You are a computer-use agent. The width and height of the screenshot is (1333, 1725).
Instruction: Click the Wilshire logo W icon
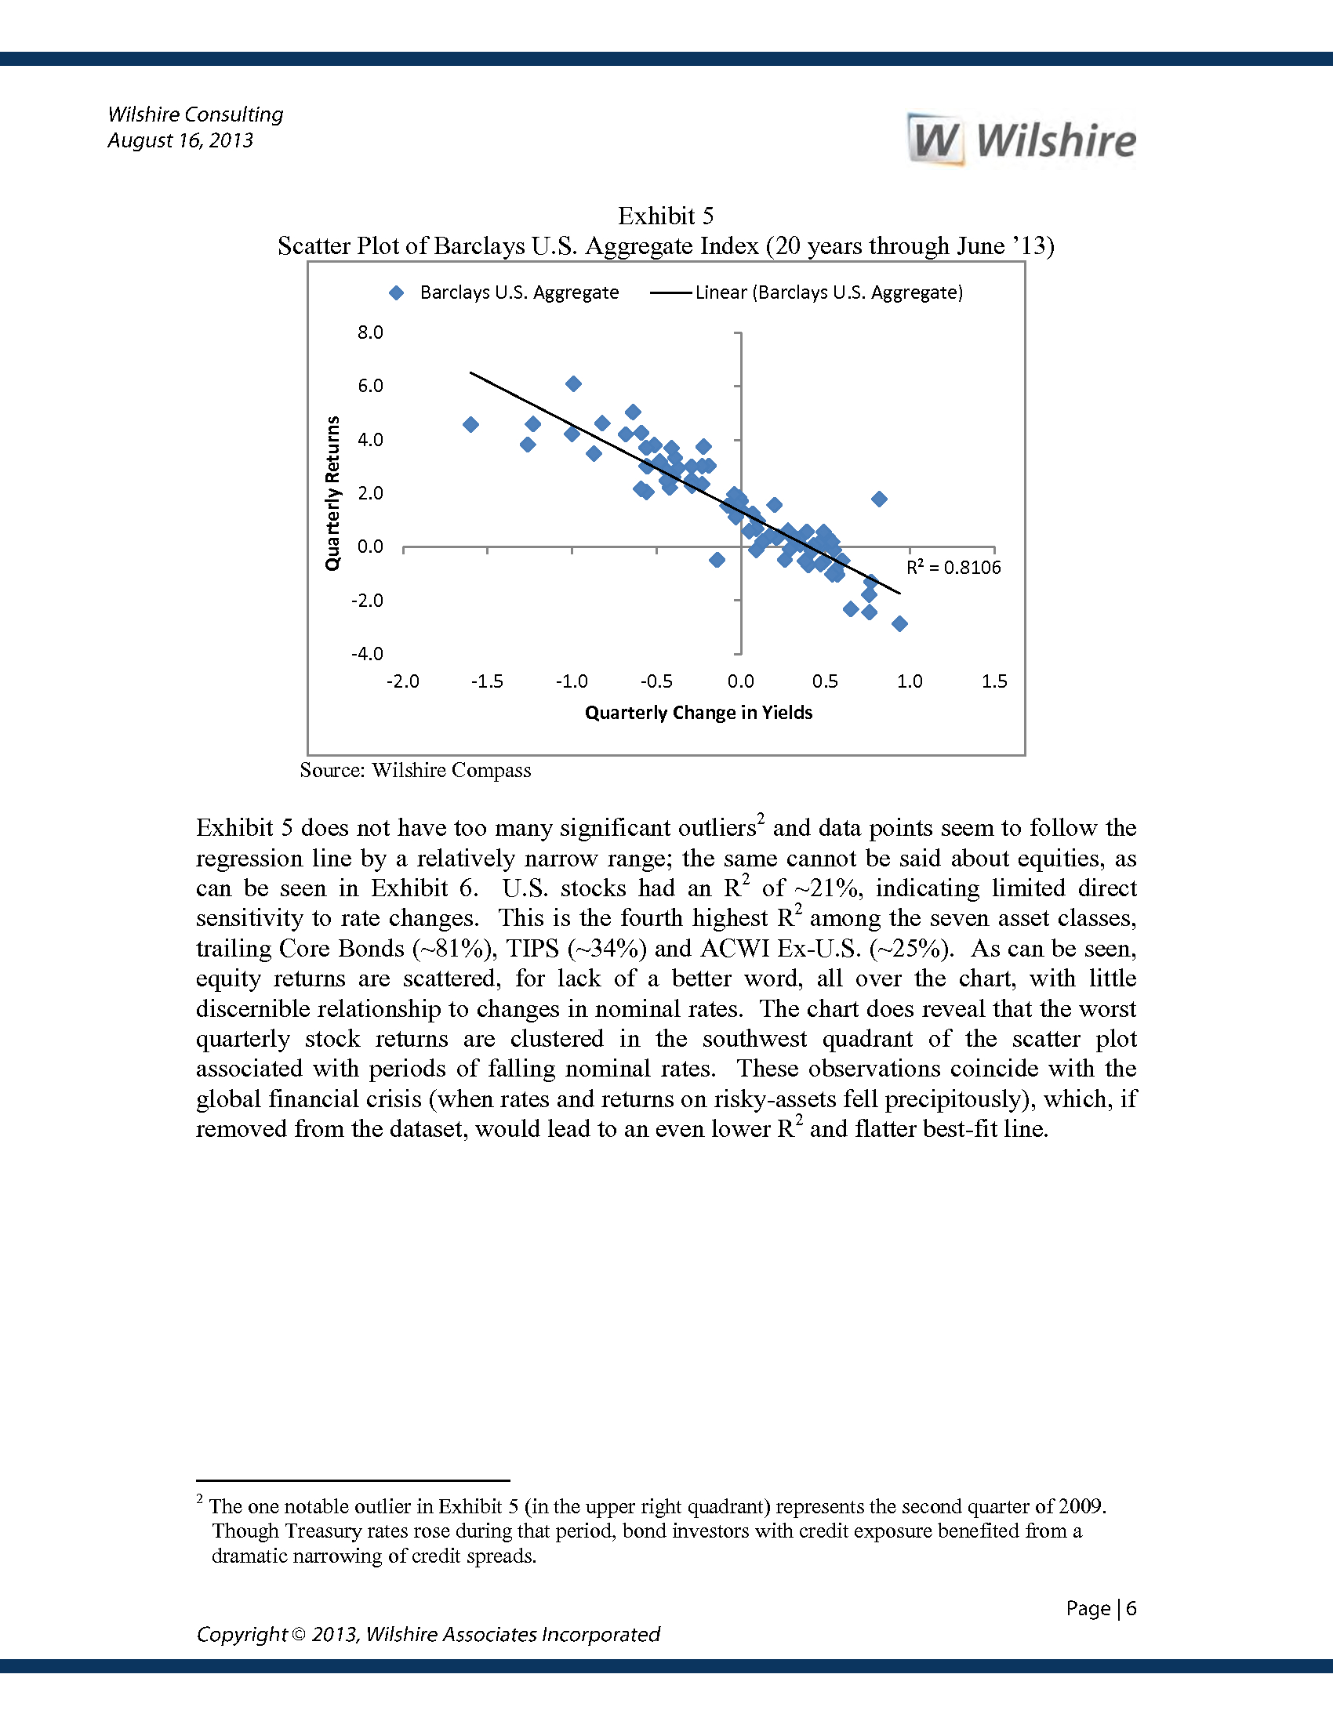click(935, 140)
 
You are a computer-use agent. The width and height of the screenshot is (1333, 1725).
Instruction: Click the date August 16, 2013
click(180, 140)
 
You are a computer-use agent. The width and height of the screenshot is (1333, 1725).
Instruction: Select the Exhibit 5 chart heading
click(665, 216)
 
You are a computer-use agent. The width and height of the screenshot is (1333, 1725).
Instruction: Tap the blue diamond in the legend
click(397, 293)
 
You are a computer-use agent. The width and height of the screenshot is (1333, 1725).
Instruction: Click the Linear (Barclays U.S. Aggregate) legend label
click(828, 293)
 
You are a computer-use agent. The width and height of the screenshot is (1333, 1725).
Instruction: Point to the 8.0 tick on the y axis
click(369, 332)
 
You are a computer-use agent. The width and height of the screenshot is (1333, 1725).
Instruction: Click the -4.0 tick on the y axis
click(367, 654)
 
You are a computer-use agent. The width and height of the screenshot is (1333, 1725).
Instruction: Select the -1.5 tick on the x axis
click(486, 681)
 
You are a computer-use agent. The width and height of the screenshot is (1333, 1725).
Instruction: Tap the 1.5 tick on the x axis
click(993, 681)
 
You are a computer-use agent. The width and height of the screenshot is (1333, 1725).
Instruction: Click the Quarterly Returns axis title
click(332, 493)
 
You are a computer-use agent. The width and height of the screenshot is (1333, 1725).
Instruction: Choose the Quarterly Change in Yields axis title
click(698, 714)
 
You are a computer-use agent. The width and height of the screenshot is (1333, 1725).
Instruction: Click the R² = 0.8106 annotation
click(953, 568)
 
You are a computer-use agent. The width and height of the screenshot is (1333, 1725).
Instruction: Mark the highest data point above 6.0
click(574, 384)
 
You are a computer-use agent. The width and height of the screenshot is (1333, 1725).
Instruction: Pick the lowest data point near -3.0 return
click(899, 624)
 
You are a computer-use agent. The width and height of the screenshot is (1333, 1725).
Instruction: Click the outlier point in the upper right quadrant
click(879, 499)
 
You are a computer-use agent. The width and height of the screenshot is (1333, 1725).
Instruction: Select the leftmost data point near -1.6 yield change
click(470, 425)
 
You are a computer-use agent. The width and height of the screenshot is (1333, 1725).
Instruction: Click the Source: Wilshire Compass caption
click(416, 771)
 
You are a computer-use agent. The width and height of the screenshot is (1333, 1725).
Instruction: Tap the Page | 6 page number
click(1101, 1608)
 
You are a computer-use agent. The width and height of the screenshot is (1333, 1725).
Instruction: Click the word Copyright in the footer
click(242, 1634)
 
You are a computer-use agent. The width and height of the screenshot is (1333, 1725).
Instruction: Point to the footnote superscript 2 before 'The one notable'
click(201, 1499)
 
